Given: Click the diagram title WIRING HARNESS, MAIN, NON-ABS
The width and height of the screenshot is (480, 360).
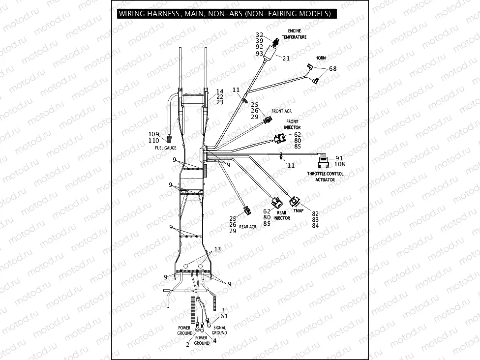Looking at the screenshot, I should point(224,14).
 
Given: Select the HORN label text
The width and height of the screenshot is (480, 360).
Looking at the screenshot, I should point(320,58).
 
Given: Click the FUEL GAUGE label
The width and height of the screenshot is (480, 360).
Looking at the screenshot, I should point(166,148).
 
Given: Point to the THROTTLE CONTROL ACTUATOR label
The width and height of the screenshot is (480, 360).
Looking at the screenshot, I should point(325,177).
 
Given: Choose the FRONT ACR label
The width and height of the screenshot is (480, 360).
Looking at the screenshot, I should point(281,111).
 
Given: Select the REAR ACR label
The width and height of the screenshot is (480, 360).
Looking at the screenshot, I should point(248,227).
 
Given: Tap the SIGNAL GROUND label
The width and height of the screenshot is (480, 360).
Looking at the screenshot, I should point(219,330).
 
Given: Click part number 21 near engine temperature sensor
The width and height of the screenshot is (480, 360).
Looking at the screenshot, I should point(286,58).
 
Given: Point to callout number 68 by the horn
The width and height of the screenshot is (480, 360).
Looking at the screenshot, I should point(333,68).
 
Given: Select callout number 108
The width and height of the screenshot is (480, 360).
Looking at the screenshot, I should point(339,164).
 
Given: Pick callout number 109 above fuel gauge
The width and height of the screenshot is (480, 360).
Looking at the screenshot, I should point(154,134).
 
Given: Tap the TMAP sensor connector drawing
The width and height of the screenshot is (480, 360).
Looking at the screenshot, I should point(296,201).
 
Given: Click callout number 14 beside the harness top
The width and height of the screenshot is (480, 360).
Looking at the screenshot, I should point(220,91).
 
